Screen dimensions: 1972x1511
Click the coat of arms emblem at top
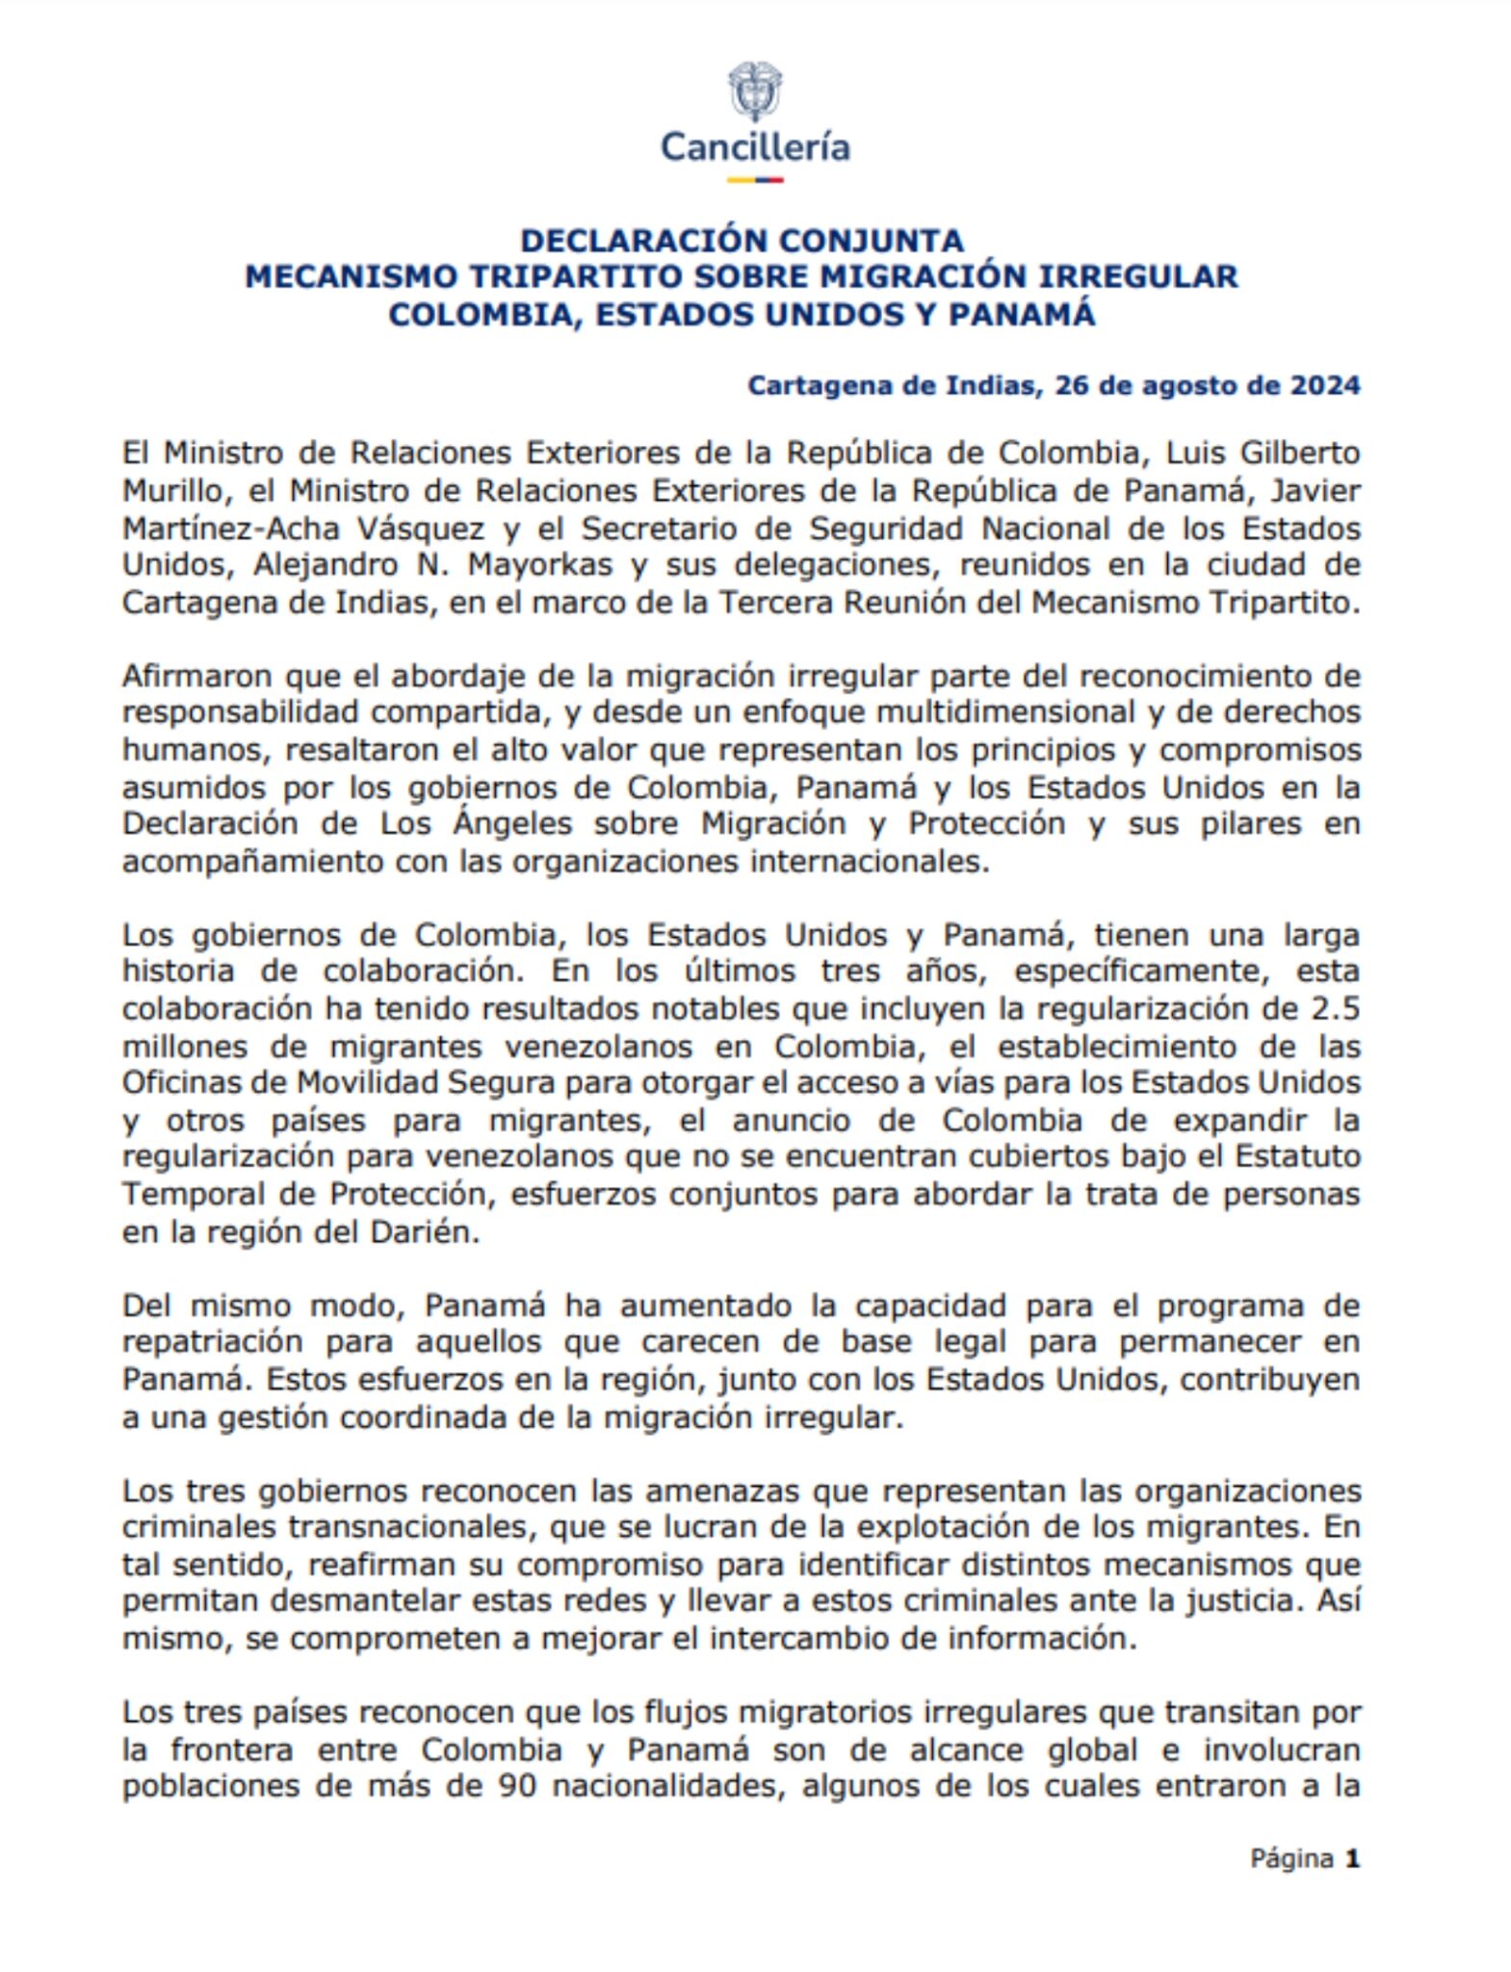point(754,91)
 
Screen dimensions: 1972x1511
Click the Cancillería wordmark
point(754,147)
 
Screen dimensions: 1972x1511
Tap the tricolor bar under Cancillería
point(754,179)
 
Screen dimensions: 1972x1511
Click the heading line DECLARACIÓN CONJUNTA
point(742,240)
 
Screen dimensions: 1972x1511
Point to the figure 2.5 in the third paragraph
point(1335,1008)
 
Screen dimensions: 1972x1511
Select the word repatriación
point(212,1341)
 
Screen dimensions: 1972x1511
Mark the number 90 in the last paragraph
point(517,1786)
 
